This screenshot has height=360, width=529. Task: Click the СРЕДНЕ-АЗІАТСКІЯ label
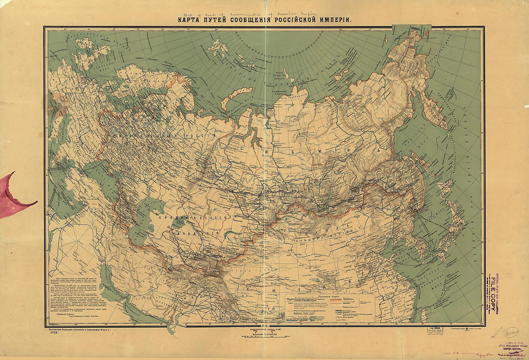coord(192,218)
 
